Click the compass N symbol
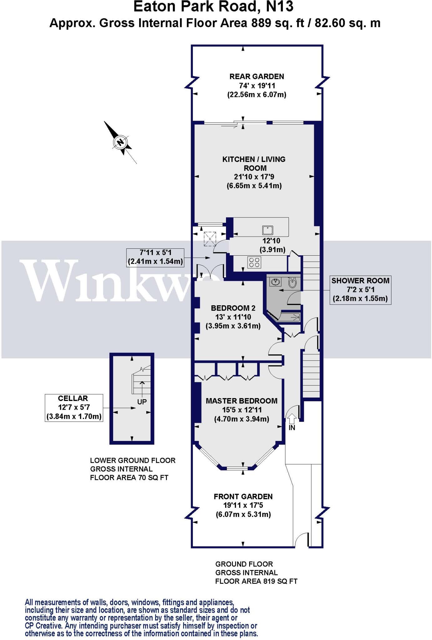pyautogui.click(x=120, y=142)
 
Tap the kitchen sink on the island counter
pyautogui.click(x=268, y=230)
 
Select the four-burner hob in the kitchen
pyautogui.click(x=254, y=262)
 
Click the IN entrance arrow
pyautogui.click(x=291, y=418)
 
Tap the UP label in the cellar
pyautogui.click(x=142, y=402)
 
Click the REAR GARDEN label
pyautogui.click(x=257, y=77)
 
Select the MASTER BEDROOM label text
pyautogui.click(x=241, y=401)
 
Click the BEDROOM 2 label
pyautogui.click(x=233, y=308)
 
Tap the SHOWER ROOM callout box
pyautogui.click(x=360, y=290)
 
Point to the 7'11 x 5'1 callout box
pyautogui.click(x=155, y=257)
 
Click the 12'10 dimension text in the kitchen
pyautogui.click(x=271, y=241)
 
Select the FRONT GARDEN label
pyautogui.click(x=243, y=497)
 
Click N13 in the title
pyautogui.click(x=279, y=7)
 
